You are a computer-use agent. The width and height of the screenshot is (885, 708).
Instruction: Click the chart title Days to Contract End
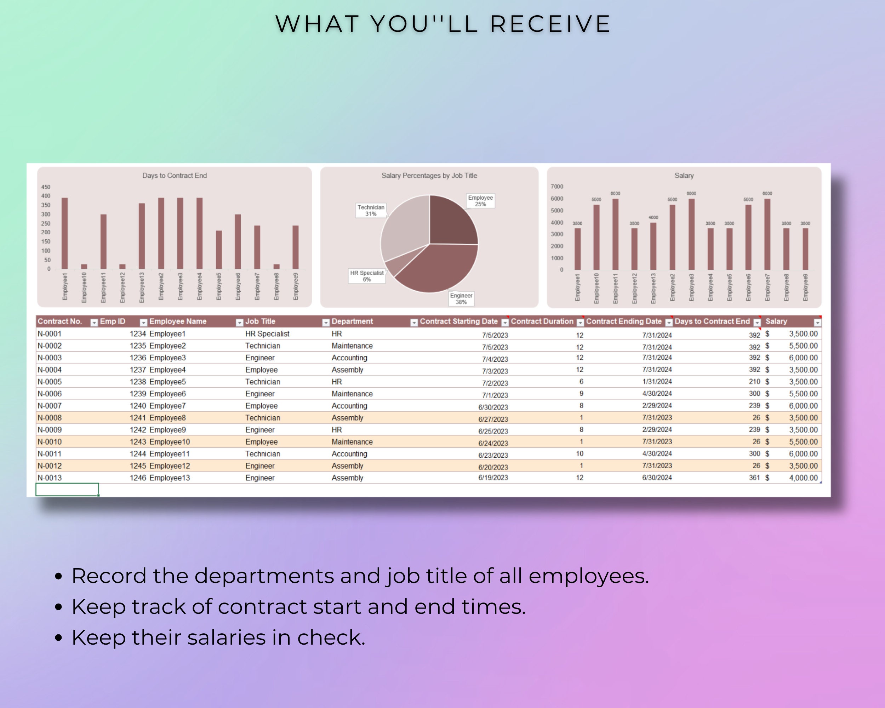pyautogui.click(x=175, y=176)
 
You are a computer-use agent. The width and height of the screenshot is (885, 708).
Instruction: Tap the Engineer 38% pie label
pyautogui.click(x=461, y=299)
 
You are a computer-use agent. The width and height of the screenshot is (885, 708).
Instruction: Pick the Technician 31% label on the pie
pyautogui.click(x=371, y=211)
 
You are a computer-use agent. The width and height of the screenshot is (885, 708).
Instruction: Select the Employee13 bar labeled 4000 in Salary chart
pyautogui.click(x=653, y=246)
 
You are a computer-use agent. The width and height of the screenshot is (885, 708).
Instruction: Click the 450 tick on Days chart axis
pyautogui.click(x=46, y=187)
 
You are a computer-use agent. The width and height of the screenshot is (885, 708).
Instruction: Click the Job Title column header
pyautogui.click(x=260, y=321)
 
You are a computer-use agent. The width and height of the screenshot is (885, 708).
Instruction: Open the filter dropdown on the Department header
pyautogui.click(x=414, y=322)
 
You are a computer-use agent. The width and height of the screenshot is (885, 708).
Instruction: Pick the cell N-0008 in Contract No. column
pyautogui.click(x=50, y=418)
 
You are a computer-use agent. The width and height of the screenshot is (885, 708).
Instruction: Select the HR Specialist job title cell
pyautogui.click(x=267, y=334)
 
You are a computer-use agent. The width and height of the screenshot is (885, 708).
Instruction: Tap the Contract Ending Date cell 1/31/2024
pyautogui.click(x=657, y=382)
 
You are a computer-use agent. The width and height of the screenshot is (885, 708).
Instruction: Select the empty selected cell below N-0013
pyautogui.click(x=67, y=490)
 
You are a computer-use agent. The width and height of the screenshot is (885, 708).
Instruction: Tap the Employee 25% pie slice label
pyautogui.click(x=480, y=201)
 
